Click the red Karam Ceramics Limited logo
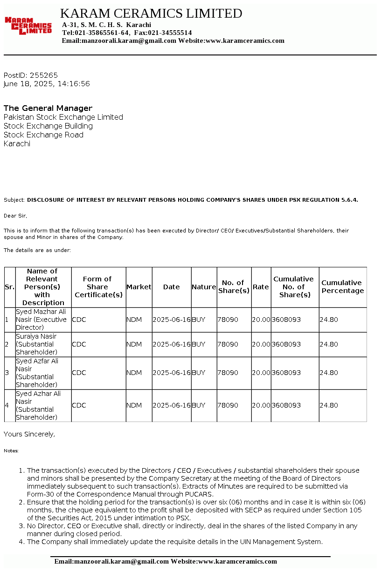tap(28, 26)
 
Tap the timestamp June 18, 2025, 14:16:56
tap(47, 84)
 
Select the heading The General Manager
tap(48, 108)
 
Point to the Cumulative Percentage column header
tap(342, 286)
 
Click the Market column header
tap(139, 287)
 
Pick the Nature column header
tap(204, 287)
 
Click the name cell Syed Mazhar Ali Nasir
tap(42, 320)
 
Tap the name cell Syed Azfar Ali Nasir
tap(37, 373)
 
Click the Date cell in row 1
tap(172, 320)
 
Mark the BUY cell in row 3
tap(199, 373)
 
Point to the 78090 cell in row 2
tap(228, 344)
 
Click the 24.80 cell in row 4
tap(329, 405)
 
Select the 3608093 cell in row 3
tap(286, 373)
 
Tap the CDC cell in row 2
tap(79, 344)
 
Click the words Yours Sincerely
tap(29, 434)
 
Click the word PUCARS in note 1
tap(199, 494)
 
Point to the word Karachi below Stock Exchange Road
tap(17, 143)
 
